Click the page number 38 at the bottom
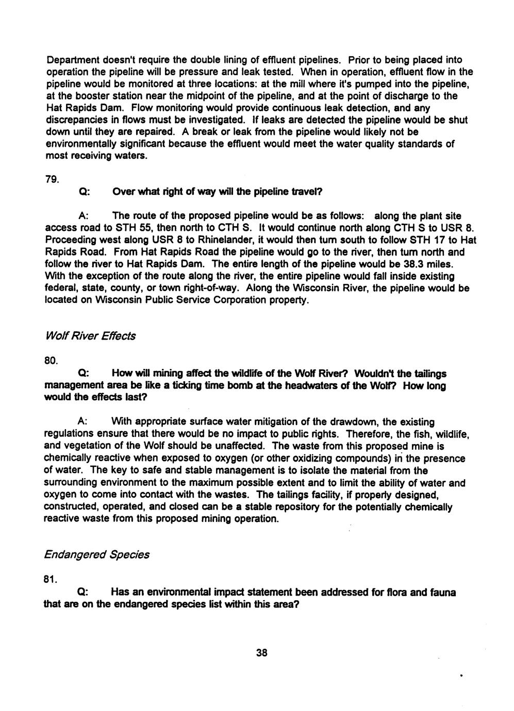[x=261, y=653]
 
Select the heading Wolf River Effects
[x=90, y=336]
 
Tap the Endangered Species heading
[x=96, y=554]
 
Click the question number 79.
[x=52, y=180]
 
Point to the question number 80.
[x=52, y=361]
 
